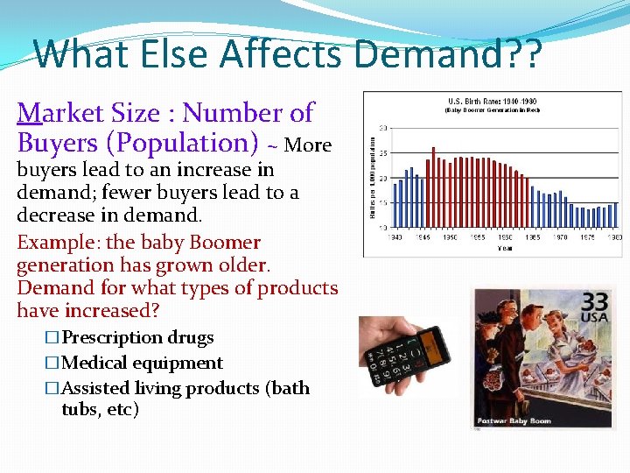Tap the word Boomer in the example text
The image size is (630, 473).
[220, 243]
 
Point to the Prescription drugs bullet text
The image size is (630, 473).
[137, 338]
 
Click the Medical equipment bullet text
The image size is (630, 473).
[142, 363]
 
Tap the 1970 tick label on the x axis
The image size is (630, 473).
[560, 237]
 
